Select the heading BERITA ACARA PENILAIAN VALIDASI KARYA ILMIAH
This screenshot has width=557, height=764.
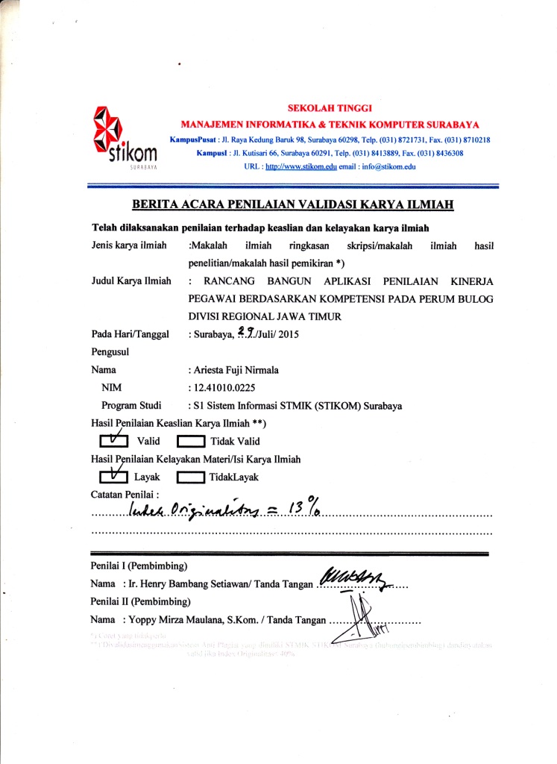pyautogui.click(x=293, y=204)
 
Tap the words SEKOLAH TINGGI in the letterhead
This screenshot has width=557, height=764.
pyautogui.click(x=324, y=108)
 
